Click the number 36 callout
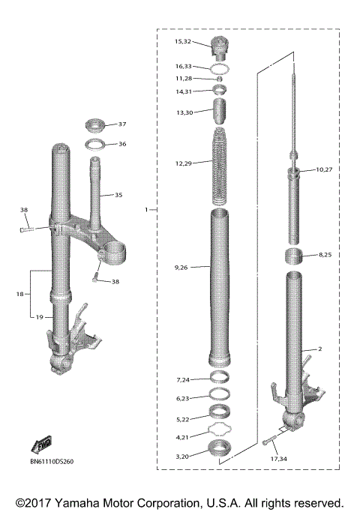(x=121, y=144)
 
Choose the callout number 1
(x=147, y=210)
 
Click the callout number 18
(x=20, y=295)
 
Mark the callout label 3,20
(x=183, y=455)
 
